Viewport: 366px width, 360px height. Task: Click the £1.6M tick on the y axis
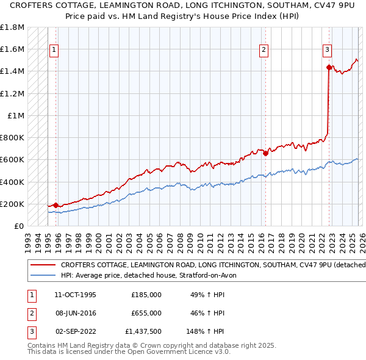(x=12, y=49)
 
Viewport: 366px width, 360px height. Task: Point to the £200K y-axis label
(x=12, y=204)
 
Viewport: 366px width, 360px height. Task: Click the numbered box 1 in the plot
(x=54, y=50)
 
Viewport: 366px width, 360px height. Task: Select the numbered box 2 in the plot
(x=264, y=50)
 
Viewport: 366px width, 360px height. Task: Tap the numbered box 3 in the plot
(x=328, y=50)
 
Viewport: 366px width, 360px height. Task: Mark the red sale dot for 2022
(x=329, y=67)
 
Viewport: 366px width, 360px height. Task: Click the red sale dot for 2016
(x=265, y=154)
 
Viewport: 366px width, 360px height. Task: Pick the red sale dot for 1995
(x=56, y=206)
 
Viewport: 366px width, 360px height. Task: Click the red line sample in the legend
(x=43, y=265)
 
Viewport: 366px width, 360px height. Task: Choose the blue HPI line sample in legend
(x=43, y=275)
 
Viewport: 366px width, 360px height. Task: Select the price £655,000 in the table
(x=146, y=313)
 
